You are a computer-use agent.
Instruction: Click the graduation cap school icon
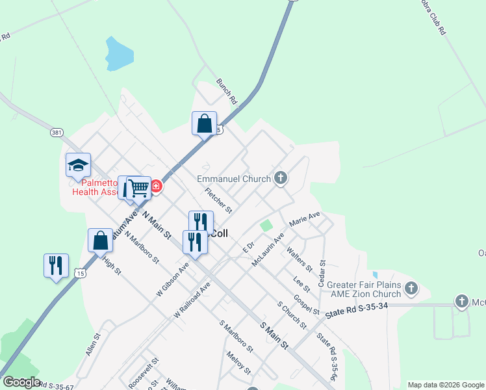(x=78, y=165)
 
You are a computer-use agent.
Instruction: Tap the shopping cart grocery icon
(x=139, y=188)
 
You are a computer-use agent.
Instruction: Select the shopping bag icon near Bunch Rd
(x=204, y=123)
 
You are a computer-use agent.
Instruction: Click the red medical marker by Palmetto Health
(x=157, y=187)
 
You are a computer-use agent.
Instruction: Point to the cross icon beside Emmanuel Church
(x=281, y=177)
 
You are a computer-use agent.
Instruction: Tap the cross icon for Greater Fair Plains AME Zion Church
(x=411, y=287)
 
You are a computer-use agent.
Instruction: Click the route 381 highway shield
(x=57, y=132)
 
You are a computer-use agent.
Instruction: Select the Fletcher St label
(x=218, y=201)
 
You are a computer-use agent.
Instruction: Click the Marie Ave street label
(x=305, y=218)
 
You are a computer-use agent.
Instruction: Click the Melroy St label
(x=238, y=363)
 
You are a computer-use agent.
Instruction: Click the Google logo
(x=21, y=382)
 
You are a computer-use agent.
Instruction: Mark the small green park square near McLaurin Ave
(x=266, y=226)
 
